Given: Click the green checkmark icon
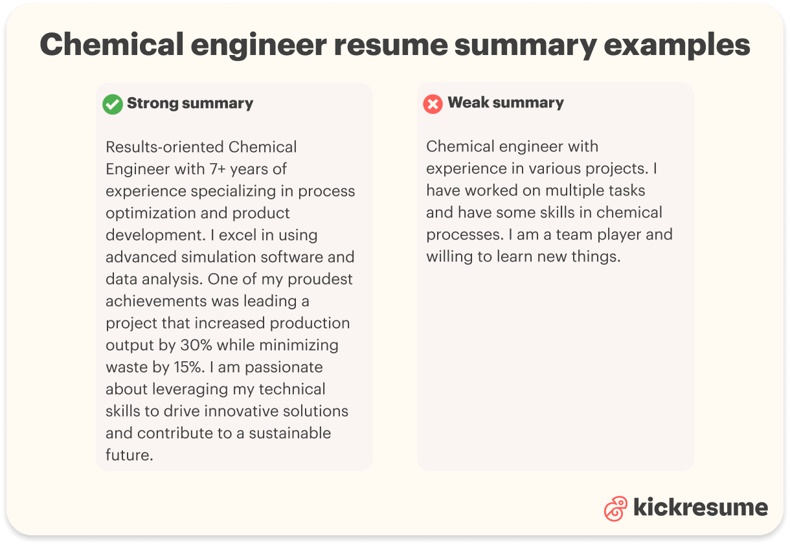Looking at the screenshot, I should coord(113,104).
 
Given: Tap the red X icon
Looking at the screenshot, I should coord(433,104).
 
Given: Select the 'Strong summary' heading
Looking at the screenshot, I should coord(190,104).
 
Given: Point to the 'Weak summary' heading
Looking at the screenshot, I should coord(506,103).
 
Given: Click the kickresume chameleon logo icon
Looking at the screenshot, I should coord(615,508).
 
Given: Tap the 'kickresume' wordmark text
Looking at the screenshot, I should coord(700,507).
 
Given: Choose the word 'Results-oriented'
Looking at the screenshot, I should coord(164,148).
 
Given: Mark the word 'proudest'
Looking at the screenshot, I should coord(319,279).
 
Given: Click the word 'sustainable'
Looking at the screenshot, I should coord(290,433).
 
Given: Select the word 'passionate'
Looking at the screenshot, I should coord(282,367).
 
